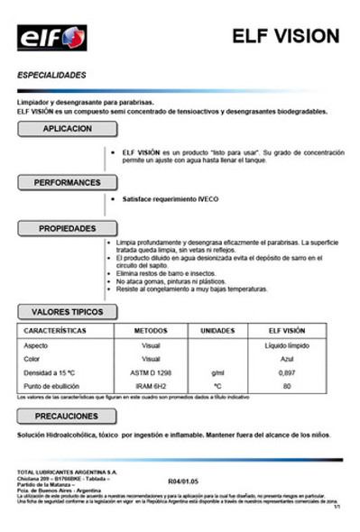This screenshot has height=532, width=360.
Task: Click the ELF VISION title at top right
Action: coord(285,37)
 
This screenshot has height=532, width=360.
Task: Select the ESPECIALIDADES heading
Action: coord(52,75)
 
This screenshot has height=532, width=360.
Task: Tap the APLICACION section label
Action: coord(67,129)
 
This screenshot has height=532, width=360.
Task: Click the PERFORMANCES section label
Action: coord(68,182)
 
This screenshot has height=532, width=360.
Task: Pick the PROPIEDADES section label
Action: coord(68,229)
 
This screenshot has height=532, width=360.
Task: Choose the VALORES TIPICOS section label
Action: coord(68,312)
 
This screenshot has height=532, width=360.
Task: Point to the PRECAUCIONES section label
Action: coord(67,417)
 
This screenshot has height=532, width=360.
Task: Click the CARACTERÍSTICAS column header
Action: coord(55,331)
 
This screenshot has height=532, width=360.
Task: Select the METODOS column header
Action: coord(151,331)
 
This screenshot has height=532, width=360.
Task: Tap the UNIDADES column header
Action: coord(217,331)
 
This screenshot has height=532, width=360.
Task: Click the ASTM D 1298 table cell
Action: coord(152,371)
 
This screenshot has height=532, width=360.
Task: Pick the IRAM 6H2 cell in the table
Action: coord(151,385)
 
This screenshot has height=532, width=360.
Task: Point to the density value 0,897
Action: coord(287,371)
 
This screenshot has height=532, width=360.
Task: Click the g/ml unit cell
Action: coord(217,371)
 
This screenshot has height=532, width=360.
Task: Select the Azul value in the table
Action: coord(287,358)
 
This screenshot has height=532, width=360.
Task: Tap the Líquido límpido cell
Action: coord(287,345)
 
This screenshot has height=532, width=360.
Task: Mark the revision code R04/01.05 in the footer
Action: coord(184,482)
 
